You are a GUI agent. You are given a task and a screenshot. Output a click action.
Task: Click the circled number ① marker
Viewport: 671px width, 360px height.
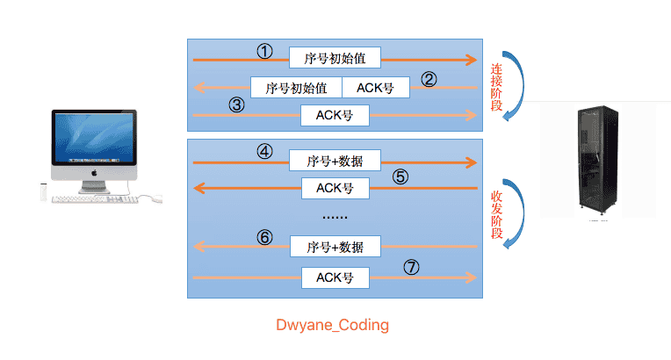pyautogui.click(x=265, y=52)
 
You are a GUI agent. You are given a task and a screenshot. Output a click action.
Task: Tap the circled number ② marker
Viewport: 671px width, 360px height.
pyautogui.click(x=429, y=79)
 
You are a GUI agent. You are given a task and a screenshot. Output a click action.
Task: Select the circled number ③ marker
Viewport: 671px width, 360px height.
pyautogui.click(x=236, y=104)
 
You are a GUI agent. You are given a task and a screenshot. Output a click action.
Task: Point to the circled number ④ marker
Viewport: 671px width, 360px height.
pyautogui.click(x=265, y=152)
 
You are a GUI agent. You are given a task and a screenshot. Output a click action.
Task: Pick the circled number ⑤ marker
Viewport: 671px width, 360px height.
pyautogui.click(x=400, y=176)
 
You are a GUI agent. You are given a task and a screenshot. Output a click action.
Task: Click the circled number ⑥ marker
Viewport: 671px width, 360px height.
pyautogui.click(x=265, y=237)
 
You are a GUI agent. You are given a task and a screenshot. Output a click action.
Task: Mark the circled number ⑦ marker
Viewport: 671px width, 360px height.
pyautogui.click(x=411, y=267)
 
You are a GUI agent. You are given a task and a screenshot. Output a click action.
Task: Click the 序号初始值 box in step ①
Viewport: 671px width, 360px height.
pyautogui.click(x=335, y=58)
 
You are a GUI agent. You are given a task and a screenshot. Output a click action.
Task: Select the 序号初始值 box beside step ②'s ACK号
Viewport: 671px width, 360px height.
pyautogui.click(x=296, y=88)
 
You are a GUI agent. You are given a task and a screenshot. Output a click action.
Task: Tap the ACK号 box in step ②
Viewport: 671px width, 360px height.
pyautogui.click(x=376, y=88)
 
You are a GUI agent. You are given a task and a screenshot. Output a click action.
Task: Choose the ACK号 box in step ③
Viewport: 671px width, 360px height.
pyautogui.click(x=335, y=115)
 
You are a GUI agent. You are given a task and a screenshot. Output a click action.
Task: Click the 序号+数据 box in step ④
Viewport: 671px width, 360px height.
pyautogui.click(x=335, y=161)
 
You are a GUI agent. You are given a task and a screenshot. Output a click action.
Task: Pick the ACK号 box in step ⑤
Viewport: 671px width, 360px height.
pyautogui.click(x=335, y=189)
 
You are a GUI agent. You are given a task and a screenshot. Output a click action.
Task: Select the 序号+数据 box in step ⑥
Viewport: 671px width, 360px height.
pyautogui.click(x=335, y=247)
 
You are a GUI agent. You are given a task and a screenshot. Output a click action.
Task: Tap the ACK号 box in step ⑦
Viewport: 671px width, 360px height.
pyautogui.click(x=335, y=277)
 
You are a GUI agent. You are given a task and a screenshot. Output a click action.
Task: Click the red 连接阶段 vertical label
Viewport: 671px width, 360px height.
pyautogui.click(x=496, y=87)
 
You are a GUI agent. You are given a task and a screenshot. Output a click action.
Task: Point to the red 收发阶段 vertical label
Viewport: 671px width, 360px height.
pyautogui.click(x=496, y=215)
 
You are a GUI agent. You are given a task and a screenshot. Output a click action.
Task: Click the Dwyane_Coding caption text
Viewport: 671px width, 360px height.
pyautogui.click(x=333, y=325)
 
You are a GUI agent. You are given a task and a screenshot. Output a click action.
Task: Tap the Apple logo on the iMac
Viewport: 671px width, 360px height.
pyautogui.click(x=94, y=173)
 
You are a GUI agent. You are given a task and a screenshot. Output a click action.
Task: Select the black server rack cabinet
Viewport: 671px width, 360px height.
pyautogui.click(x=598, y=159)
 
